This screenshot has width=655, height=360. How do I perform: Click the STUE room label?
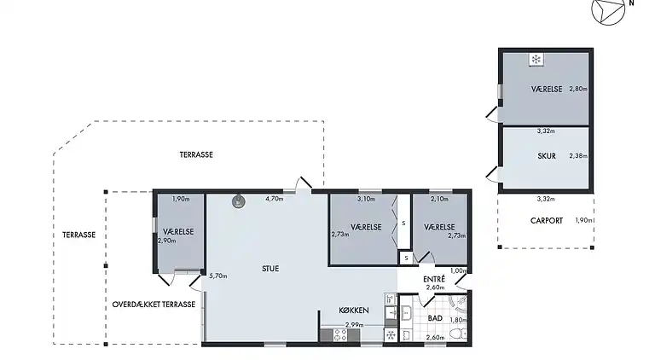270,269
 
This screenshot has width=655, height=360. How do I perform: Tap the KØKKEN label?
354,311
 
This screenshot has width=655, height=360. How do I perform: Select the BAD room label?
435,318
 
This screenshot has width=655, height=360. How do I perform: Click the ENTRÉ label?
434,279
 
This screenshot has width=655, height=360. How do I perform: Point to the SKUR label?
547,156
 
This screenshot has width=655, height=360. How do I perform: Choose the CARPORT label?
547,220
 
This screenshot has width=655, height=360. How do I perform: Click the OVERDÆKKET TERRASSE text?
154,305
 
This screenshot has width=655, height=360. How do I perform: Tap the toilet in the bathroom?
458,334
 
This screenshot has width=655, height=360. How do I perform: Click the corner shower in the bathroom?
459,304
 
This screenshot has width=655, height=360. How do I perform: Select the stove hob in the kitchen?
339,335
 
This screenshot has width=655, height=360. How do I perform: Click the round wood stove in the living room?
239,201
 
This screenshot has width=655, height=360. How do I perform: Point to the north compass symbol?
609,9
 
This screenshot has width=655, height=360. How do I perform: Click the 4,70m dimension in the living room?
274,199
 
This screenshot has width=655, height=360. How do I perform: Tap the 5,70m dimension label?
218,276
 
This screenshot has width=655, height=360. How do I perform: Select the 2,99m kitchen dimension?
354,325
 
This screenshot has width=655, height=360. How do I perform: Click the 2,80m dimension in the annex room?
578,89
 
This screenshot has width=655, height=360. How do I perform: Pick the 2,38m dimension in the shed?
578,156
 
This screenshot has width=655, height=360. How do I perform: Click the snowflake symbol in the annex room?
536,60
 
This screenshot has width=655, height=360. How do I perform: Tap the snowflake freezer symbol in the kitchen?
391,335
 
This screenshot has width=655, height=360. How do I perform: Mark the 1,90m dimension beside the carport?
583,220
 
